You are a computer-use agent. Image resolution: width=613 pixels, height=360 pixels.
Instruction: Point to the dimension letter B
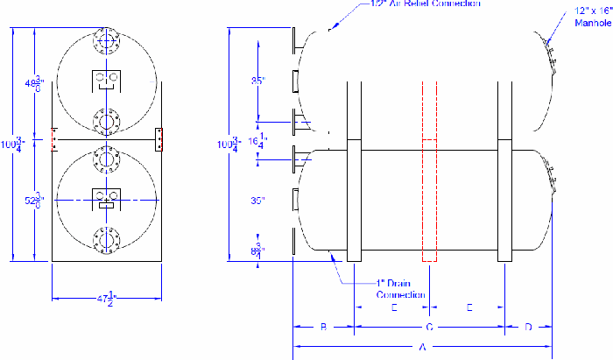point(323,328)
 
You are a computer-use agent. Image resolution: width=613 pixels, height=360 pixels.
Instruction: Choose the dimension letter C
point(429,328)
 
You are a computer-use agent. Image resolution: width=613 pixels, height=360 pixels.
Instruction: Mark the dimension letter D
point(528,328)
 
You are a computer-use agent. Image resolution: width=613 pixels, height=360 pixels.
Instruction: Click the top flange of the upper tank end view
point(106,41)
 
